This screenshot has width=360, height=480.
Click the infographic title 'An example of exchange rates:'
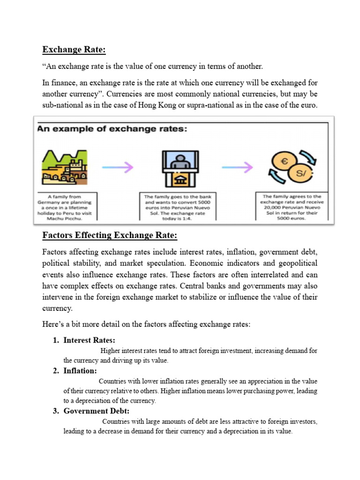coord(112,128)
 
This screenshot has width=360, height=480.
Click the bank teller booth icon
coord(180,167)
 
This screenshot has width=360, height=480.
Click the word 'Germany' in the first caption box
coord(54,202)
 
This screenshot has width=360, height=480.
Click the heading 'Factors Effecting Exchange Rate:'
coord(110,235)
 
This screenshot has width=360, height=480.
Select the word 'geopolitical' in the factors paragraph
coord(294,263)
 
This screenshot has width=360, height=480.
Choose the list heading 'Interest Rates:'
coord(89,340)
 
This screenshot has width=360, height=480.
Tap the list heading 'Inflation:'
coord(80,371)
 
